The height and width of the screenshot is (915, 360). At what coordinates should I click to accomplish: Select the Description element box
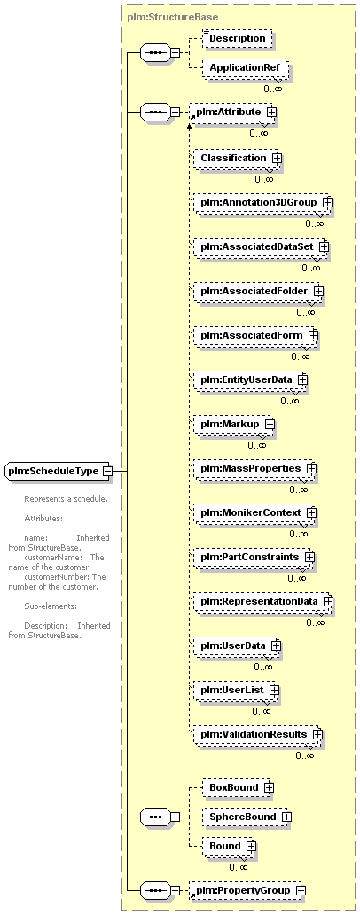click(238, 38)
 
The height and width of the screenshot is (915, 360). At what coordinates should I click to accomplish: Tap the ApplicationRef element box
click(244, 67)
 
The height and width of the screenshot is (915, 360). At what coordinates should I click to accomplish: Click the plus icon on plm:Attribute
click(270, 111)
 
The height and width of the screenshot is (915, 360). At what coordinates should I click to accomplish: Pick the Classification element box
click(238, 158)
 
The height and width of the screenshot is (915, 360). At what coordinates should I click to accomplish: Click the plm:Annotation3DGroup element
click(262, 202)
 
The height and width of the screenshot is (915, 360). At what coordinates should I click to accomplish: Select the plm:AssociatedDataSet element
click(262, 246)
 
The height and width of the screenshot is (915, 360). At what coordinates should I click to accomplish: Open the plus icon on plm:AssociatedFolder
click(318, 291)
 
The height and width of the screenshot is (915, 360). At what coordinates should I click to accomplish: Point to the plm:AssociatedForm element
click(256, 335)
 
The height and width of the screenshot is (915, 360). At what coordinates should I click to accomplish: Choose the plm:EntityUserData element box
click(251, 379)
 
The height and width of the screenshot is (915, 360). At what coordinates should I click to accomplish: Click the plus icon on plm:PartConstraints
click(309, 557)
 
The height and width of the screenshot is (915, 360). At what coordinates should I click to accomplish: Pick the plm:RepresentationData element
click(263, 601)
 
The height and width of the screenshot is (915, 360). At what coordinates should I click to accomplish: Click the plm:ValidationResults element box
click(258, 733)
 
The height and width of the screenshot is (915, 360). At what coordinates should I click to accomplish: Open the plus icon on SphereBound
click(286, 817)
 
